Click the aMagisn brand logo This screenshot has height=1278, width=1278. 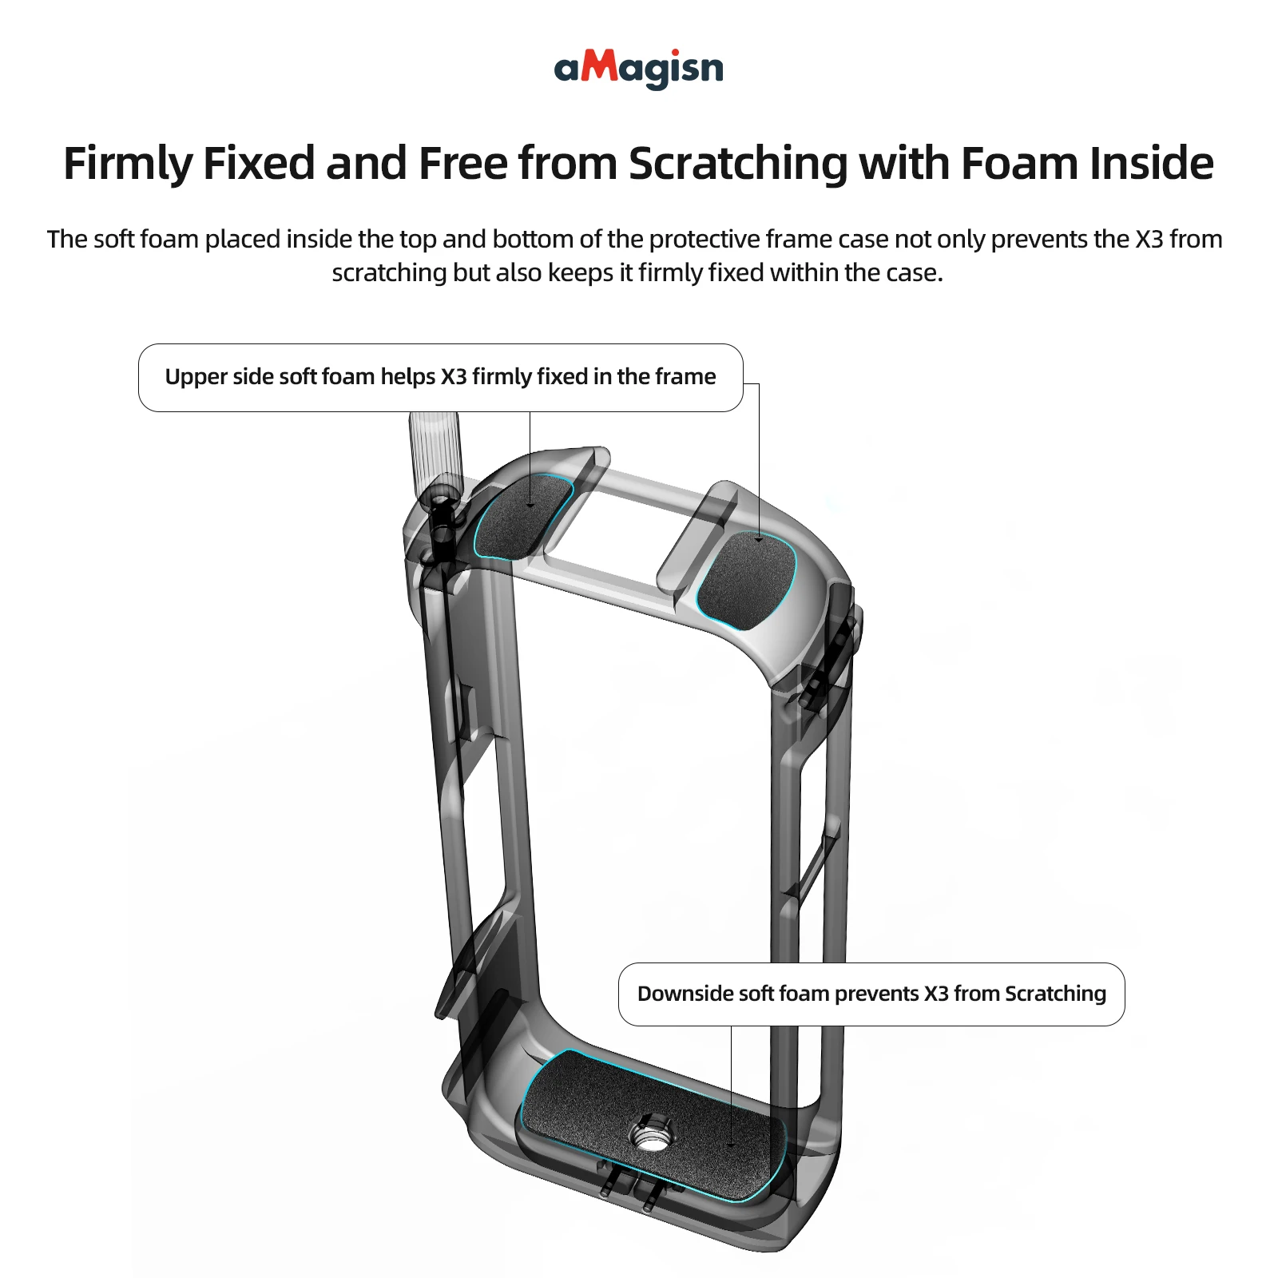(x=638, y=69)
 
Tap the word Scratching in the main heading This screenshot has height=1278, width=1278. (x=737, y=164)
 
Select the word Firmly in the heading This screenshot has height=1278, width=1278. (x=128, y=164)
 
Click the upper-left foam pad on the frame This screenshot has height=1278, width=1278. (x=523, y=515)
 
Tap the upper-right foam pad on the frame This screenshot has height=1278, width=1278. (x=747, y=579)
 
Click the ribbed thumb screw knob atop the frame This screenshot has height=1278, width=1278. (x=434, y=451)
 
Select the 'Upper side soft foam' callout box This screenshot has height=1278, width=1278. (x=440, y=378)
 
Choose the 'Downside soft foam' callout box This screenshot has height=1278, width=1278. (x=871, y=994)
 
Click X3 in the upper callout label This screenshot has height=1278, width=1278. (x=454, y=377)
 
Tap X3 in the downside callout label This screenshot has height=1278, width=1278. (x=936, y=994)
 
